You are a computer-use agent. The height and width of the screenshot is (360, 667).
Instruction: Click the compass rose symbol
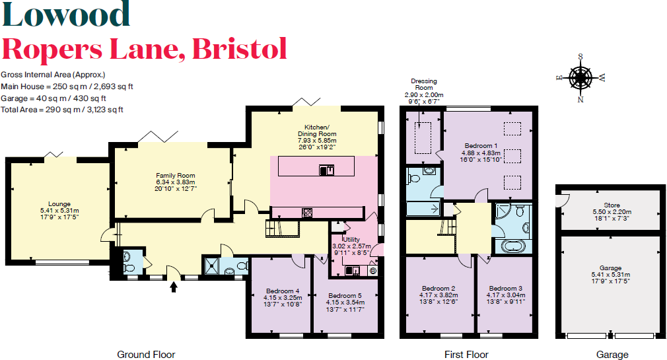(581, 78)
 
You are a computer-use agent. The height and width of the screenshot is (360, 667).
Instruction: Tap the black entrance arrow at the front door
(174, 286)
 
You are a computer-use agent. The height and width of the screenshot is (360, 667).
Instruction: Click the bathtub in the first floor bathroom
(513, 247)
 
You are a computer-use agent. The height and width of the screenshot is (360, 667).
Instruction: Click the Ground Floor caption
(146, 355)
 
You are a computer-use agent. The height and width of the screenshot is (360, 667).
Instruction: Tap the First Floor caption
(466, 355)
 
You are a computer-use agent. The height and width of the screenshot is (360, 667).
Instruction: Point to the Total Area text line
(62, 110)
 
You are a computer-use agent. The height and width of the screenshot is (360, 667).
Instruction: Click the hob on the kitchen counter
(308, 212)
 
